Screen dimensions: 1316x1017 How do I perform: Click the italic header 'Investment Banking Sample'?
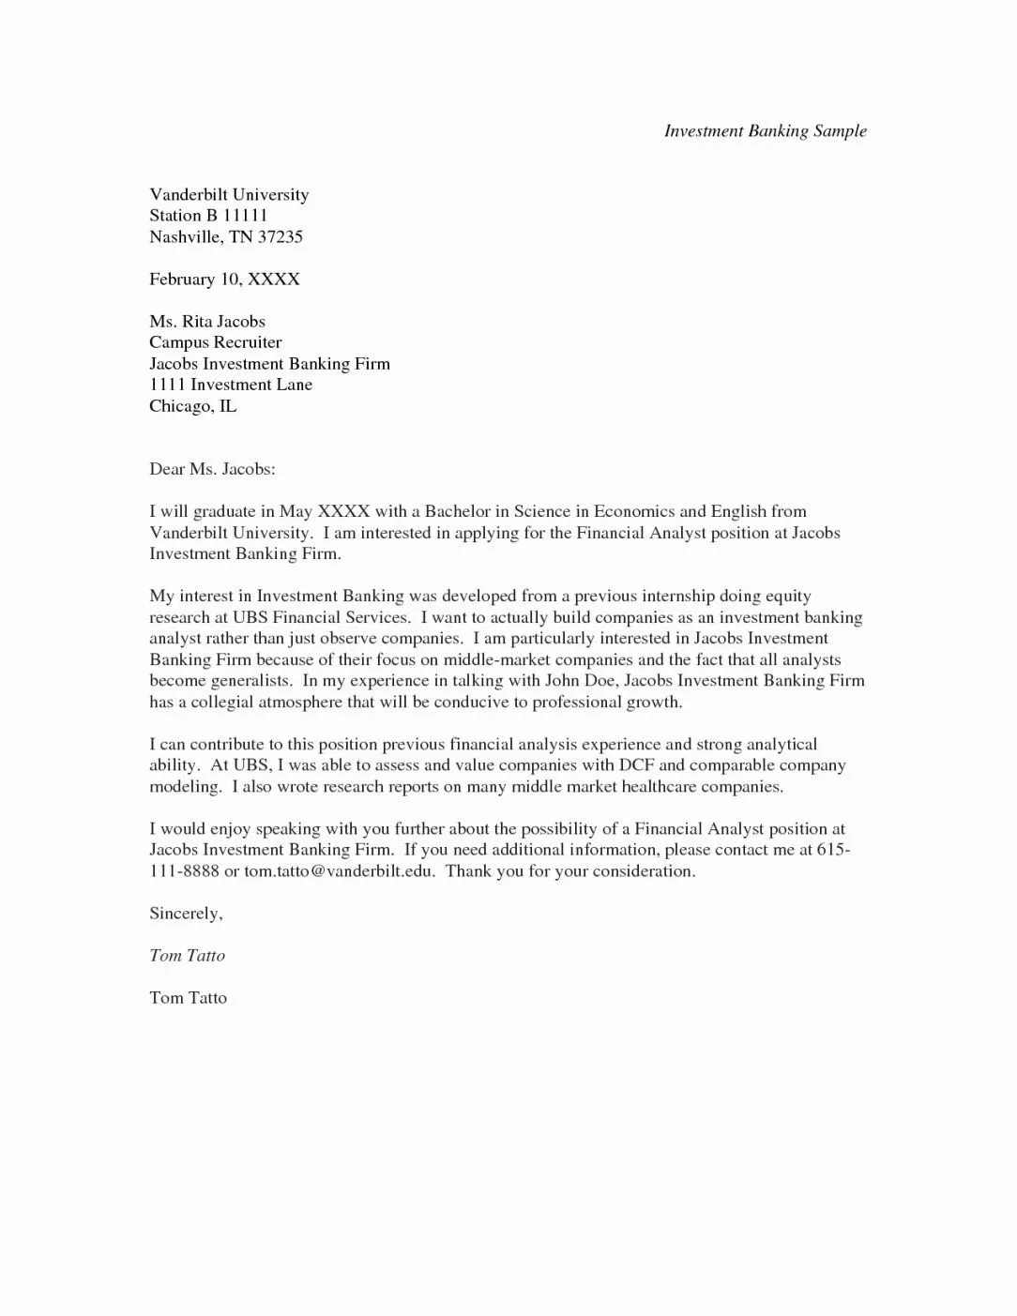(765, 131)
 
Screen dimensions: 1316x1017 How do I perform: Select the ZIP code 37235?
(281, 237)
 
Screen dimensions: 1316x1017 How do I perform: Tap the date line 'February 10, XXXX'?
(224, 280)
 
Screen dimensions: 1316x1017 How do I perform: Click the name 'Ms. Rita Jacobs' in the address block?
(207, 322)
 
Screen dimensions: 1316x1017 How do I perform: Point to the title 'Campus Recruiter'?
(215, 342)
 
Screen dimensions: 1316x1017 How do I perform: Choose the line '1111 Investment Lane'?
(231, 385)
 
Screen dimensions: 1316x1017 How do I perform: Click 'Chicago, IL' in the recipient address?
(192, 406)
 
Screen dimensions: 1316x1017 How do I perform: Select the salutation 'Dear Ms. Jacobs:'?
(212, 469)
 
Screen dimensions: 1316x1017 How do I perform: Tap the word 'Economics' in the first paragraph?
(634, 511)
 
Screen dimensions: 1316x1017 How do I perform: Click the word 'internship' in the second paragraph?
(668, 596)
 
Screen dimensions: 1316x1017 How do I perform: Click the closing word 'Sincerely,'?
(186, 914)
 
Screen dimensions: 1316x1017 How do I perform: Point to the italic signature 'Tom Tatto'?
(187, 956)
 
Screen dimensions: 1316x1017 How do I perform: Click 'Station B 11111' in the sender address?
(208, 216)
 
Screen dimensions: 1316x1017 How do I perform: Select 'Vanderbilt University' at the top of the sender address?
(229, 195)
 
